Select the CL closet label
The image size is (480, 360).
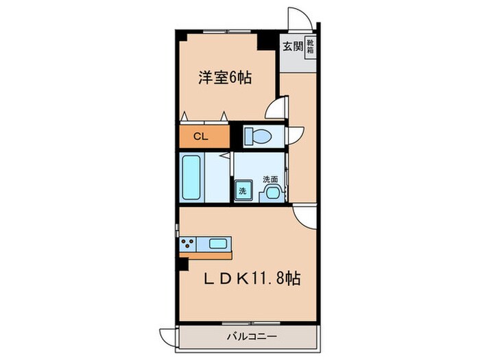[200, 136]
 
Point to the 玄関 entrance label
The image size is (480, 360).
[291, 47]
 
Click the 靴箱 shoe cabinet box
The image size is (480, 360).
[310, 47]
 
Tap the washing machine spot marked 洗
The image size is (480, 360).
[242, 191]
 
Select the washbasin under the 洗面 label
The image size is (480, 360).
[272, 191]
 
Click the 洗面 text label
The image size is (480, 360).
[272, 179]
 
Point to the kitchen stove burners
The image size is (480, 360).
[187, 244]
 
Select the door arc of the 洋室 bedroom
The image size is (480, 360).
[278, 110]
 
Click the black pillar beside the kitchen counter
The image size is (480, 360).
[182, 261]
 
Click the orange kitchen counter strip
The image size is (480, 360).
[206, 255]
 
